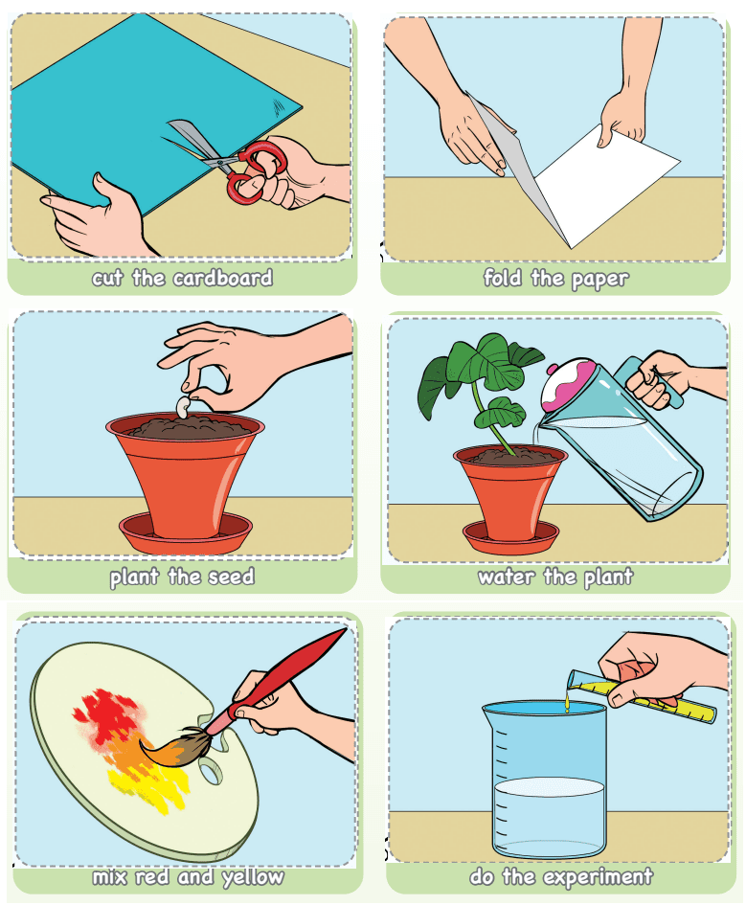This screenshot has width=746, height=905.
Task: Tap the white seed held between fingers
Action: click(x=184, y=407)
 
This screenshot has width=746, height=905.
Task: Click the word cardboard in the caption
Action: click(x=223, y=278)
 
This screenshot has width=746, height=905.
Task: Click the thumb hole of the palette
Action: click(x=211, y=772)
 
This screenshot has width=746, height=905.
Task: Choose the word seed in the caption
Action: click(x=231, y=577)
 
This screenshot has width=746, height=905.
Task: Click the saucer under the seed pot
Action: click(x=186, y=533)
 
